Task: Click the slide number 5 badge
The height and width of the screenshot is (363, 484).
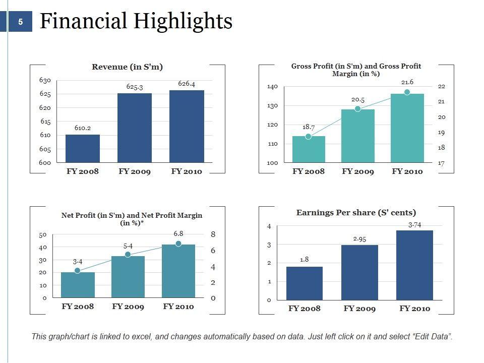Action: pos(20,22)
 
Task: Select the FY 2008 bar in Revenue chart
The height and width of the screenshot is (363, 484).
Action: pos(83,149)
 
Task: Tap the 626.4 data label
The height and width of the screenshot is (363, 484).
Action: pos(187,84)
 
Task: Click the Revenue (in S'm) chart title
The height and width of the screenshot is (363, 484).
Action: pos(127,67)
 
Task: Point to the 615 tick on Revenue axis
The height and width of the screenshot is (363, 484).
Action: pos(45,122)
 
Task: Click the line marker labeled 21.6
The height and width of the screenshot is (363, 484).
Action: pos(407,92)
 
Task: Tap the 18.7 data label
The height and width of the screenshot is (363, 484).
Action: pos(309,128)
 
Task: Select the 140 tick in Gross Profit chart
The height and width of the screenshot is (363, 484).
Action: pos(272,87)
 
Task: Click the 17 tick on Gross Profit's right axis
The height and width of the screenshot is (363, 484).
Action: pos(441,163)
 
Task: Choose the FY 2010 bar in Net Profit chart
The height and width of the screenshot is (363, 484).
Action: pos(178,271)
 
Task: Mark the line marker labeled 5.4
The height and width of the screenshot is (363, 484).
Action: pos(128,255)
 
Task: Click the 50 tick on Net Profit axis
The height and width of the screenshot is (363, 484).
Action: pos(43,235)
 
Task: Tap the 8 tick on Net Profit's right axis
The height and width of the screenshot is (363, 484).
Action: pos(213,234)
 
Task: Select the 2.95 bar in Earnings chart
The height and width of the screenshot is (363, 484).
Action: pos(359,272)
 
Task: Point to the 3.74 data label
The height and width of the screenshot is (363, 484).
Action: pos(414,225)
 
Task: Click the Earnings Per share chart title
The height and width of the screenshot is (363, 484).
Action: pos(356,213)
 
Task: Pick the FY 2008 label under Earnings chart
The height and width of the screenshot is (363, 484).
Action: pos(304,309)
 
